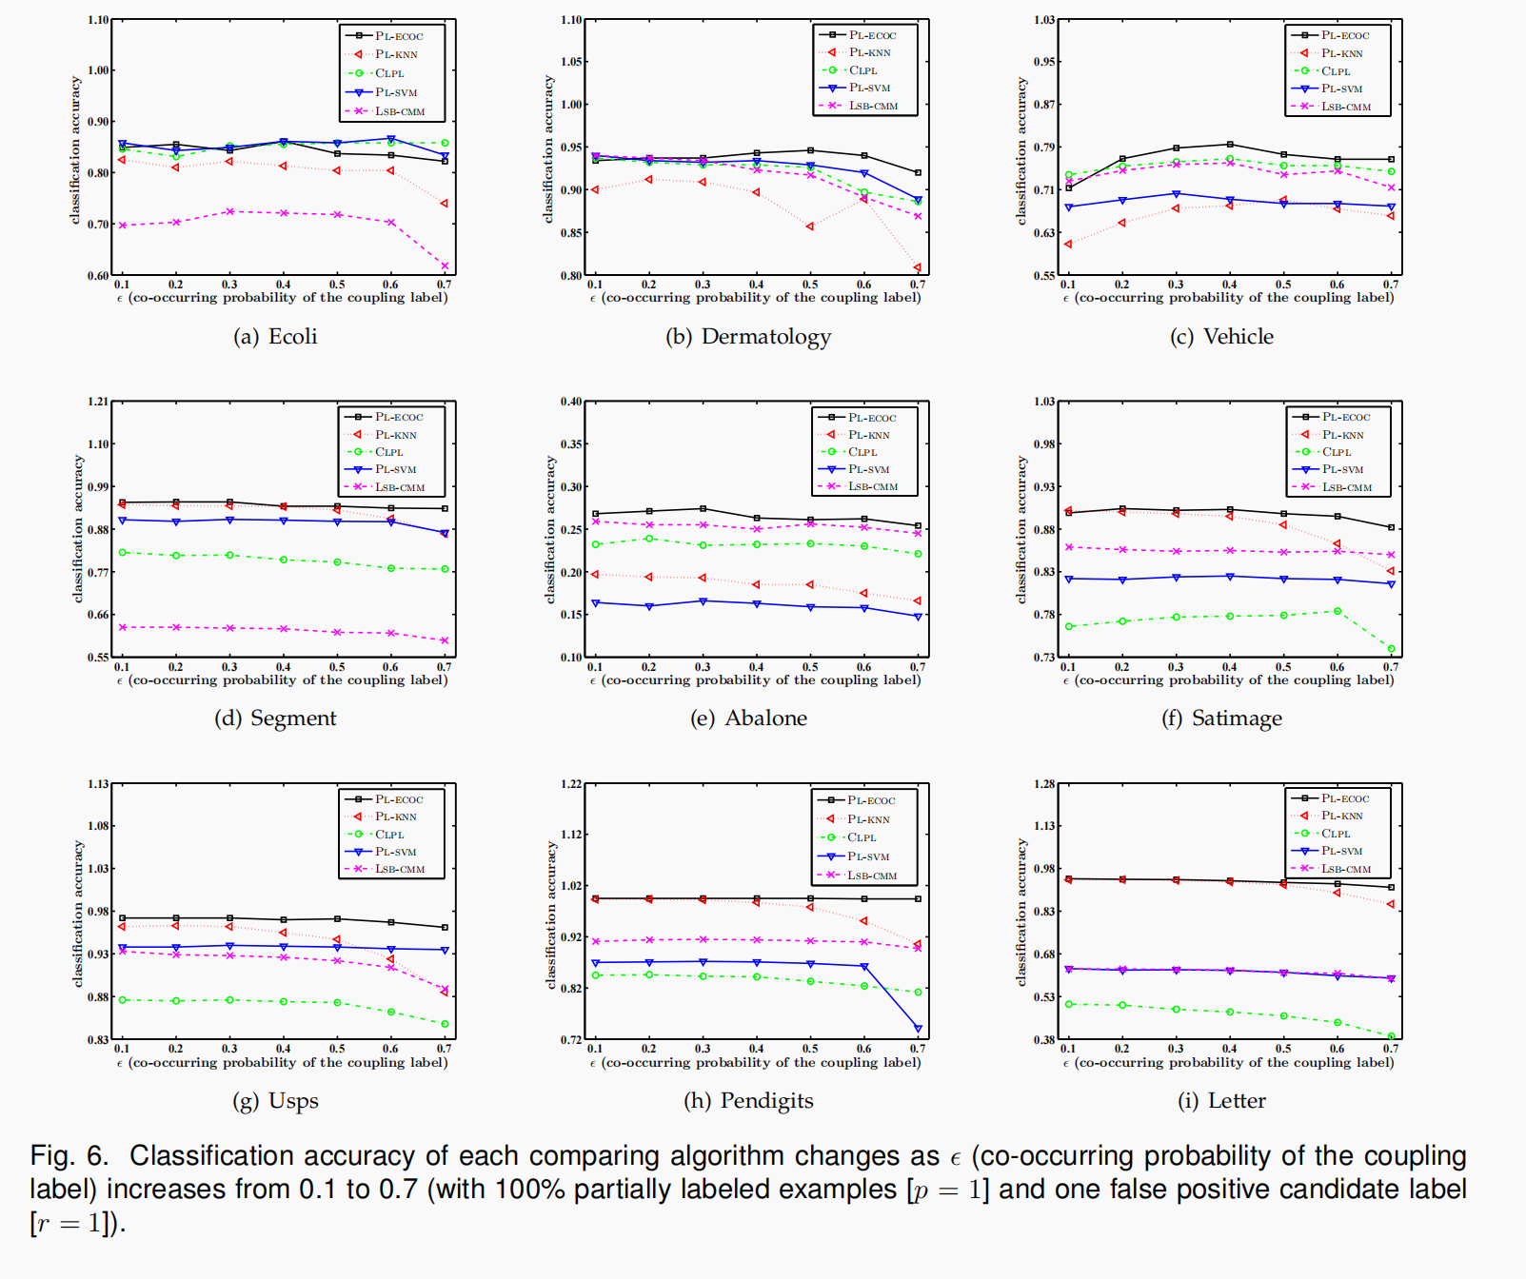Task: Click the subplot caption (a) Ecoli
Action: pos(275,337)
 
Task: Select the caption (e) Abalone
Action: pos(748,718)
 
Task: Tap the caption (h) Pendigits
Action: pos(748,1101)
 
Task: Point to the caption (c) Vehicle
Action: pos(1221,337)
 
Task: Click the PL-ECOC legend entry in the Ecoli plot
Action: pos(398,36)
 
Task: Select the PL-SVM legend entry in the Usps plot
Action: pos(395,852)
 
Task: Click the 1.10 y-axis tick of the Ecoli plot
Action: pos(98,20)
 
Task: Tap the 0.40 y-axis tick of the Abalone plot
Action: pos(571,402)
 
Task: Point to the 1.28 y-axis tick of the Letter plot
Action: pos(1044,784)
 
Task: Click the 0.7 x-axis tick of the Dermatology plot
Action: pos(917,285)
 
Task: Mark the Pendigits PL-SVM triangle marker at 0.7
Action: pos(918,1029)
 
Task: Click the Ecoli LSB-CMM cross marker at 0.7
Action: pos(445,266)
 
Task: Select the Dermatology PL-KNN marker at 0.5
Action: pos(810,226)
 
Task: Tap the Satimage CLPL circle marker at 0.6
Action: pos(1338,611)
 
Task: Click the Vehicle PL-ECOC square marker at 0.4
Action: pos(1230,145)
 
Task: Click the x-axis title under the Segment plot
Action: pos(283,680)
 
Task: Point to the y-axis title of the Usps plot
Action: pos(78,912)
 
